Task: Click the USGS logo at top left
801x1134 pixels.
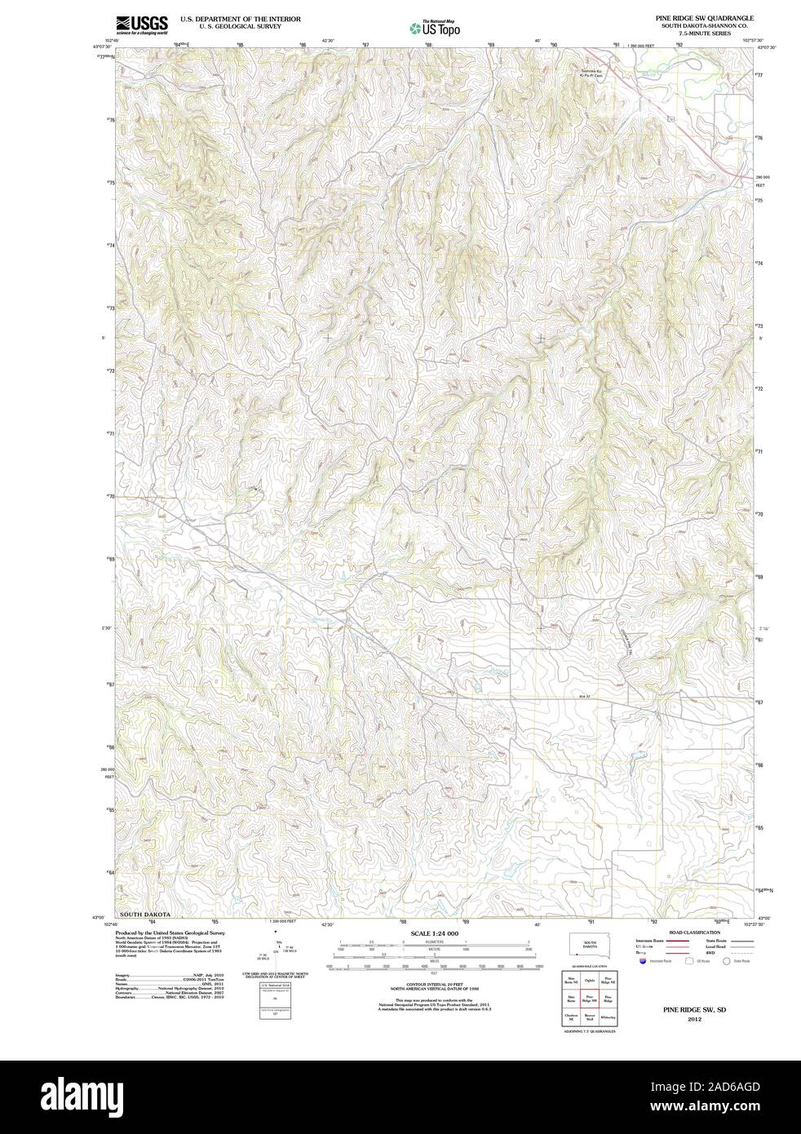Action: point(142,24)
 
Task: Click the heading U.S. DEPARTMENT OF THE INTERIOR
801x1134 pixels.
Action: point(240,18)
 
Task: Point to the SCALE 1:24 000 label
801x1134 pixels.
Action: point(435,932)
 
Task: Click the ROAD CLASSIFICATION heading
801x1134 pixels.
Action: point(694,932)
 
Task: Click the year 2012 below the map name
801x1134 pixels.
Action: point(694,1019)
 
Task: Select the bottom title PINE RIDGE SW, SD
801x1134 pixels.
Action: point(694,1010)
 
